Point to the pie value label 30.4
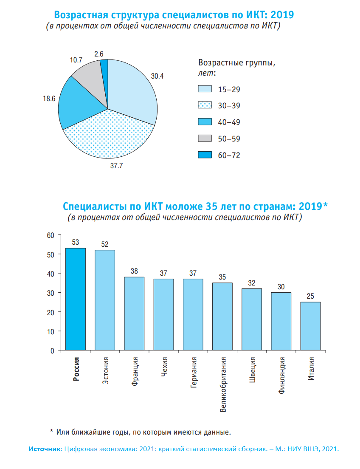click(x=157, y=77)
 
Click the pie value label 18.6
click(x=49, y=98)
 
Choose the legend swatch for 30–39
click(x=205, y=106)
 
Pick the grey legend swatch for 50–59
click(x=205, y=139)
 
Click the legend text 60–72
click(x=229, y=155)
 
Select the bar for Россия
click(x=76, y=299)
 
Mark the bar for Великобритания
click(x=222, y=316)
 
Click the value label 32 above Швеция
click(x=252, y=283)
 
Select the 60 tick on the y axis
click(x=51, y=235)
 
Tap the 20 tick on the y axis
click(x=51, y=312)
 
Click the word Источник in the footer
click(x=45, y=449)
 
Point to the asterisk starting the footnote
click(x=52, y=432)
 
